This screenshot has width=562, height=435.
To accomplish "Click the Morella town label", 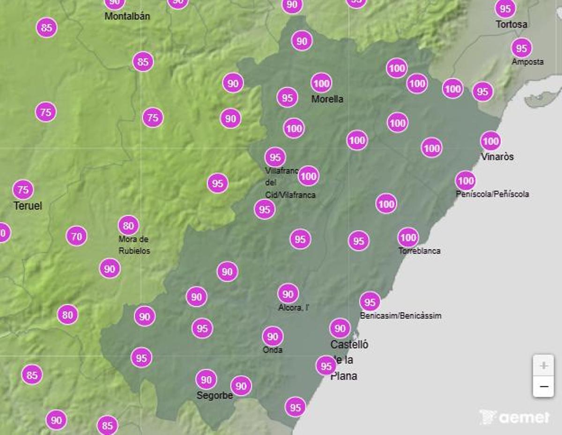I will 327,99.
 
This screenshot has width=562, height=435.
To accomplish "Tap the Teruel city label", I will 28,206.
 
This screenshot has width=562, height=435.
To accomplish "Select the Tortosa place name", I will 511,24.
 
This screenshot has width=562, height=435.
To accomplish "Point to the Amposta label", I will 527,62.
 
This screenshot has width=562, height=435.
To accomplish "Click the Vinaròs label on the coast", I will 497,156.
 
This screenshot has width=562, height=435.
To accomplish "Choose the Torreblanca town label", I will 419,251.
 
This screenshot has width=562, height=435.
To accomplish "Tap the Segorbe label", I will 214,395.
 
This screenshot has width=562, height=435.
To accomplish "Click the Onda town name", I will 272,350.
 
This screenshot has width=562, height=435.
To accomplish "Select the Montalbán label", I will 127,16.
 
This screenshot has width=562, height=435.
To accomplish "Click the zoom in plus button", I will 543,365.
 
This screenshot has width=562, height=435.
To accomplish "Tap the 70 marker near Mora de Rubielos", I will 77,236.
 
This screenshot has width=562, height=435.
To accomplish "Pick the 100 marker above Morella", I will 321,83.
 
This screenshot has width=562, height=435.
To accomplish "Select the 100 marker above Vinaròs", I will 490,141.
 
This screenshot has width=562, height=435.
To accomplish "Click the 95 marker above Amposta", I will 521,48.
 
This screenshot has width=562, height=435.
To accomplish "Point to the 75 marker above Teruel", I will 23,190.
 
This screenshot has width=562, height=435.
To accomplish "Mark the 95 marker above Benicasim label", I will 370,302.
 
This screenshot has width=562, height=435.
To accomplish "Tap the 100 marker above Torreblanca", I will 408,237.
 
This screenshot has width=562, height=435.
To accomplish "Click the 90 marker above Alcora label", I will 288,294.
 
